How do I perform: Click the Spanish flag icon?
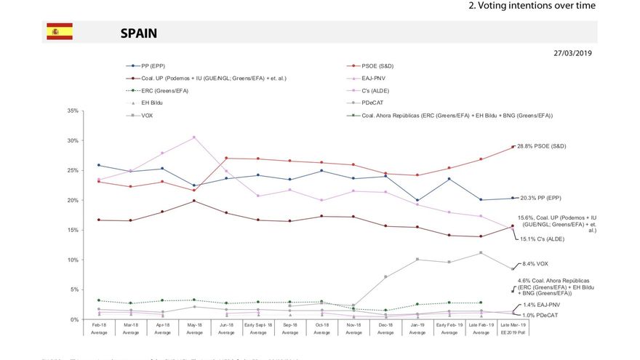60,31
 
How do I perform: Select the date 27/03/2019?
574,53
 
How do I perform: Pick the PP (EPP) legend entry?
156,66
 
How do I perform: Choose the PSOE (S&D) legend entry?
382,66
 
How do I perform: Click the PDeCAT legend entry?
375,103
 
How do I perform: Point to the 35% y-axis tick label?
72,111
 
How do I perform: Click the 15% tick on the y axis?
72,230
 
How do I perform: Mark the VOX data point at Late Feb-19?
481,252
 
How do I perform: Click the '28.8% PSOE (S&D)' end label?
541,146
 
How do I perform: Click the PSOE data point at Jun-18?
226,158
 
